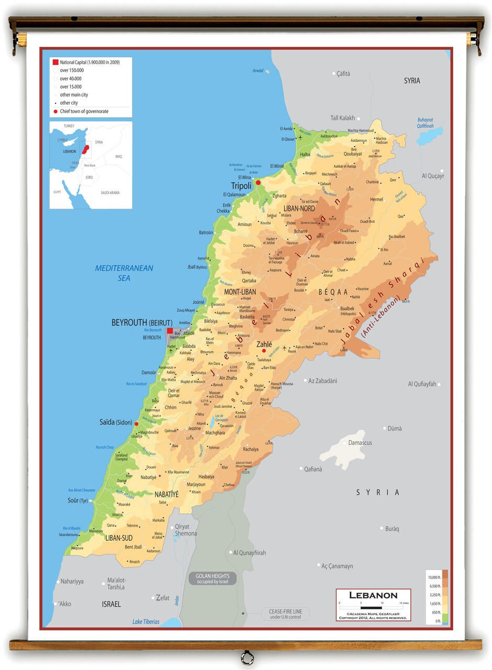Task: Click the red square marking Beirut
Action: click(170, 331)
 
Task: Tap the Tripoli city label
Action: click(241, 186)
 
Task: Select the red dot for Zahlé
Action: click(264, 351)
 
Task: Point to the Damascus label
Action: click(360, 443)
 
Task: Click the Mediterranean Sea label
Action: click(124, 273)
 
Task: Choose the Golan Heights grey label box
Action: click(213, 578)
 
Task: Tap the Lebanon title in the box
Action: click(373, 595)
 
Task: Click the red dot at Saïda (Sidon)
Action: click(137, 423)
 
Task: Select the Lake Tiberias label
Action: click(146, 622)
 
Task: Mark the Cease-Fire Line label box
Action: click(285, 614)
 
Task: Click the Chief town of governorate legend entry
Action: click(84, 111)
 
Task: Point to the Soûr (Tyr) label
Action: click(79, 501)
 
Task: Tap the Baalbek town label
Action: click(347, 309)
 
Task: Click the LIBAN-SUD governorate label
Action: click(119, 538)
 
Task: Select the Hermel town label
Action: click(376, 199)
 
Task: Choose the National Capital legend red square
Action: click(55, 62)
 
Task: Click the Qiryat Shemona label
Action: click(186, 530)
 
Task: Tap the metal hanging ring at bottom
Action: click(247, 657)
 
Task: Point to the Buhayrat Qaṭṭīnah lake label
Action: click(425, 122)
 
